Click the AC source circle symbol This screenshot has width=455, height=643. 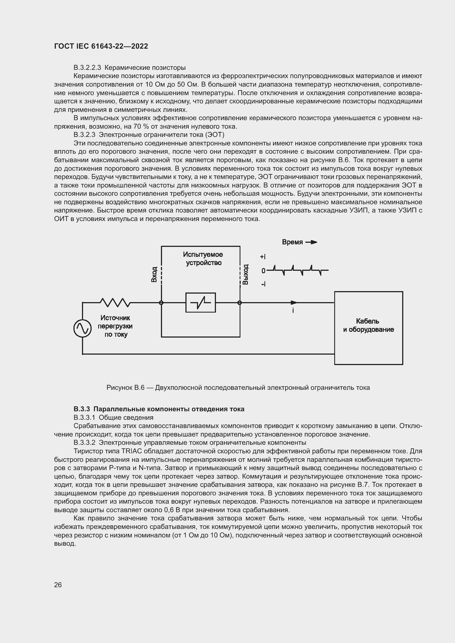pos(82,328)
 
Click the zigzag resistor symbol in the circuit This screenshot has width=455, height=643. pos(115,302)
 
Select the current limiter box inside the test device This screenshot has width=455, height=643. pos(201,302)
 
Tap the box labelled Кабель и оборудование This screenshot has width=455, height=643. pos(368,328)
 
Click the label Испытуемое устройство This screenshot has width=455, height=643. pos(203,258)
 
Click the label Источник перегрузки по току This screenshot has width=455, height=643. pos(115,326)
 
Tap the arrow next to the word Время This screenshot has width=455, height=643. pos(311,242)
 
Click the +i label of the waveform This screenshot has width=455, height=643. pos(262,256)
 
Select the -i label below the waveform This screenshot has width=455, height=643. pos(263,284)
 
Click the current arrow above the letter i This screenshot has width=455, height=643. pos(293,302)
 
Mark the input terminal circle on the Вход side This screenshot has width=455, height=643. pos(161,303)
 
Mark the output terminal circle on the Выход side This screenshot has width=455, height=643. pos(240,303)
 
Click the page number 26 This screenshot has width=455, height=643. pos(58,585)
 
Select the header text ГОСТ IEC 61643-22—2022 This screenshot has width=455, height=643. pos(101,46)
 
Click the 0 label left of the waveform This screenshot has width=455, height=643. pos(263,271)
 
